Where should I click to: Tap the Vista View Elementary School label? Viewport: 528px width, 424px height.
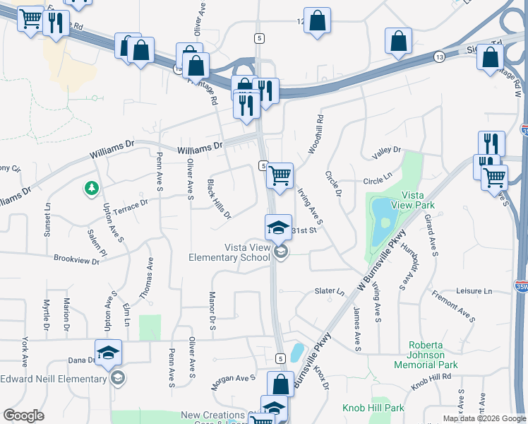click(229, 252)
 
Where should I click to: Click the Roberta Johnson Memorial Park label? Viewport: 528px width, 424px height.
click(426, 355)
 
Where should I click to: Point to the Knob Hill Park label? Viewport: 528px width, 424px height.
click(373, 408)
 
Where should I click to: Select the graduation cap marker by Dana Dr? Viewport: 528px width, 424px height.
click(108, 353)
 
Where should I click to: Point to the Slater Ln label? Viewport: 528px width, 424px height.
click(329, 291)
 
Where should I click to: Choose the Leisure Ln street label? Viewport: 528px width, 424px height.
click(474, 291)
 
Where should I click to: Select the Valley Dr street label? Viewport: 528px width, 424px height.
click(386, 151)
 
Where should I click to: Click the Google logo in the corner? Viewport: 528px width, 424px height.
click(23, 416)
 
